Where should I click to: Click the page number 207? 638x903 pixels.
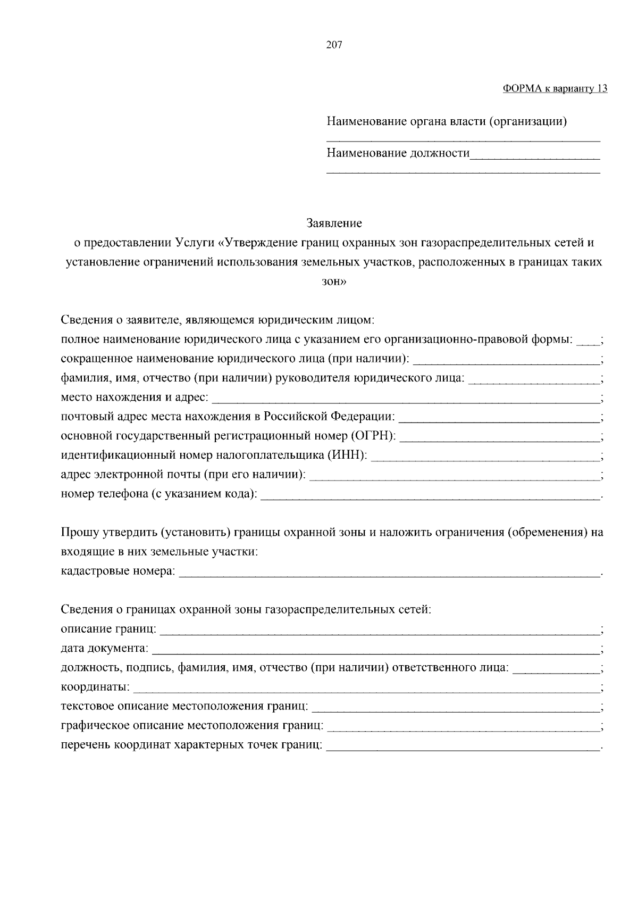(334, 45)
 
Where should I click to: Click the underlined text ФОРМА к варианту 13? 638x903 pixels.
(555, 88)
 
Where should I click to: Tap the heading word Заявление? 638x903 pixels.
(334, 222)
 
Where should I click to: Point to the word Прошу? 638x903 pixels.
(77, 532)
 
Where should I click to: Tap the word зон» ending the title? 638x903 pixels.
(334, 282)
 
